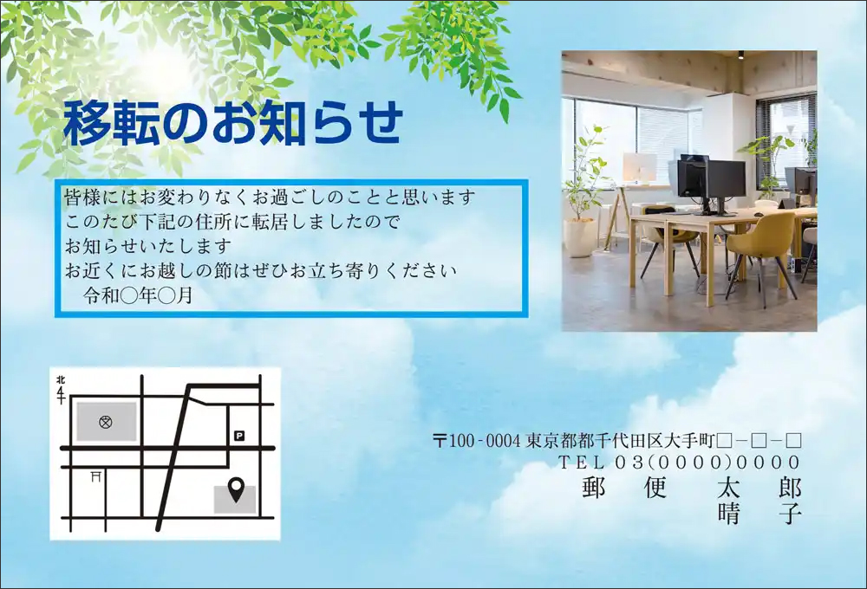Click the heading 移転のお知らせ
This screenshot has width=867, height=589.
click(232, 123)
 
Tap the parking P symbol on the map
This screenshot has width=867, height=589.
click(239, 436)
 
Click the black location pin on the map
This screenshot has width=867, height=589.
click(236, 489)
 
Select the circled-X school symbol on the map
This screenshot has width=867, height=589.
click(106, 422)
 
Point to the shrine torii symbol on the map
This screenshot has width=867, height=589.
click(96, 476)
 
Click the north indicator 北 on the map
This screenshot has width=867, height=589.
click(61, 380)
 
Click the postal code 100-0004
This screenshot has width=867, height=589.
click(485, 441)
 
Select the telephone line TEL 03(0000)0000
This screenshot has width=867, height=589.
click(680, 462)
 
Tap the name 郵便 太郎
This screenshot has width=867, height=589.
click(692, 488)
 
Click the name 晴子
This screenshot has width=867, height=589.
click(759, 514)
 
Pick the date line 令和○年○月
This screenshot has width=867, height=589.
click(138, 295)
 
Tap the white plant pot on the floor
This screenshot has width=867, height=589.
click(579, 237)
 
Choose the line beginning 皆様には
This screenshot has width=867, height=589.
click(270, 197)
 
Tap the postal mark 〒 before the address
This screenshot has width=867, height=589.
click(440, 441)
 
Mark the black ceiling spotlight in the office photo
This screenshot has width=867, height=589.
click(740, 55)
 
